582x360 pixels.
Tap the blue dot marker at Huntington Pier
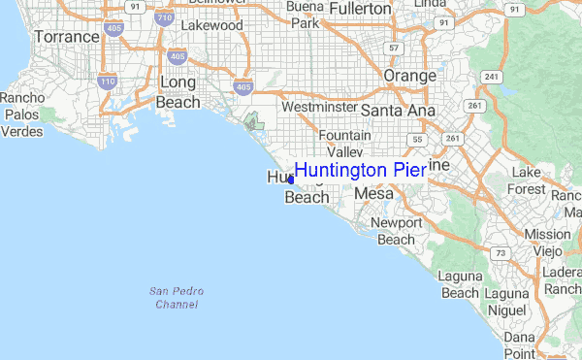tap(291, 180)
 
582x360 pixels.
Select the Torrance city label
tap(67, 37)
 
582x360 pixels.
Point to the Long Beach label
tap(178, 92)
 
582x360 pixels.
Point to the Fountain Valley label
tap(344, 144)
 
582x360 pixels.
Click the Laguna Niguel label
tap(507, 302)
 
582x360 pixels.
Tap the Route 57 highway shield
tap(394, 47)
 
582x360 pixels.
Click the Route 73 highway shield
tap(499, 253)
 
